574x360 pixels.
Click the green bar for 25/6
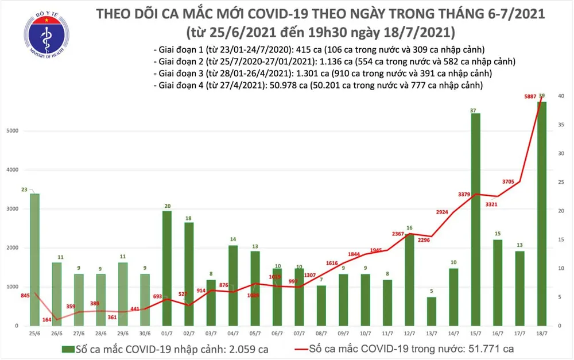[x=34, y=258]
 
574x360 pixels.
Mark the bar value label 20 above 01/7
[x=166, y=206]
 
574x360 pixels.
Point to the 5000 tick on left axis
[x=12, y=131]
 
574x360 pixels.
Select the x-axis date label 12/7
[x=409, y=333]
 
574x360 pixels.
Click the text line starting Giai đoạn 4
[x=317, y=85]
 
